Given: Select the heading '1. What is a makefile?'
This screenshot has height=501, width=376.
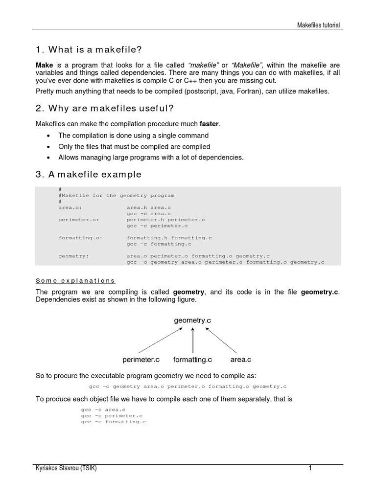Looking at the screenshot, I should pos(89,49).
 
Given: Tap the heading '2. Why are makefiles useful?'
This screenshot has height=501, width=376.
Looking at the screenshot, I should pos(104,108).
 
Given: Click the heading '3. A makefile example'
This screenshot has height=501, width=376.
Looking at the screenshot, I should pos(89,174).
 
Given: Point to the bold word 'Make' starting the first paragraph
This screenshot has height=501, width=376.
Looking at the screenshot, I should pos(45,66).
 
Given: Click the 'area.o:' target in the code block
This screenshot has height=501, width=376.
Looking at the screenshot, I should pos(68,207).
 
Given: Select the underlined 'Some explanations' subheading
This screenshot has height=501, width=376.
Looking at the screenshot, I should pos(76,281).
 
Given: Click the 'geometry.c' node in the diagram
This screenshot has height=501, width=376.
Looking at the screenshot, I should pos(193,320).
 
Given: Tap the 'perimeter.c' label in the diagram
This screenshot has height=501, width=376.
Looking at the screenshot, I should pos(141,360).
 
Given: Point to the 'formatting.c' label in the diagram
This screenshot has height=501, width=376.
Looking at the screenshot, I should pos(192,360).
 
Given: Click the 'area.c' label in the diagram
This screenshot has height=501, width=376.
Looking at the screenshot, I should pos(240,360).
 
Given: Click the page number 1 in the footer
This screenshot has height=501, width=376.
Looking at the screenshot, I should pos(310,468).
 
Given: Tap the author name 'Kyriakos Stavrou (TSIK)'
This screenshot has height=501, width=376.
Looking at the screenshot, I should pos(66,468).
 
